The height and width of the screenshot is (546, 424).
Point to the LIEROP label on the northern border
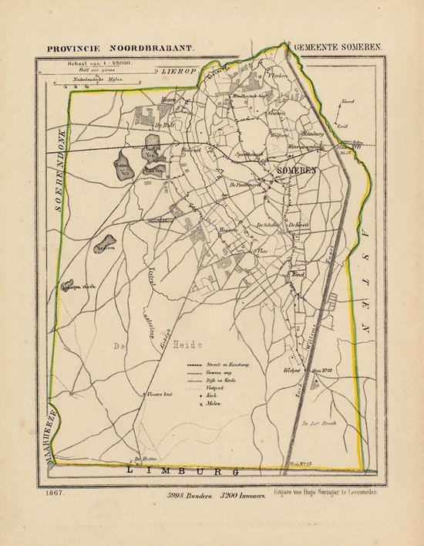pyautogui.click(x=180, y=70)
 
